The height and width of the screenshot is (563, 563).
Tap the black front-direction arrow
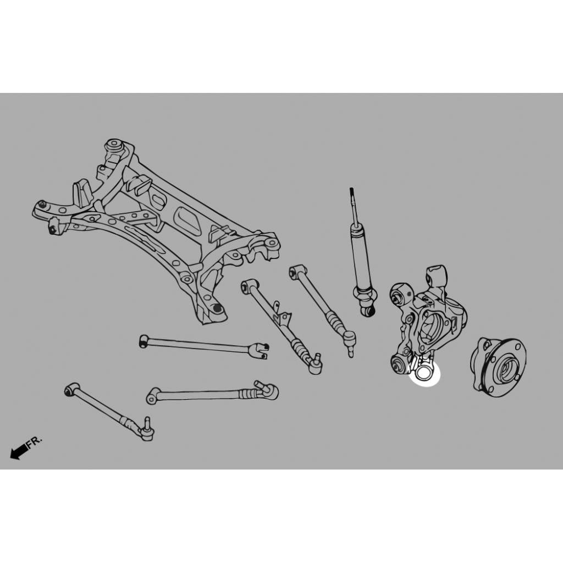(x=19, y=451)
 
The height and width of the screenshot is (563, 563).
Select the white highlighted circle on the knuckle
(x=425, y=374)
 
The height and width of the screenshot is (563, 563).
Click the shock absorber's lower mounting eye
(x=368, y=311)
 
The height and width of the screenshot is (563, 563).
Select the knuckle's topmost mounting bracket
(x=437, y=276)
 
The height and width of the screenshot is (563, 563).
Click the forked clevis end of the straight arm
(x=261, y=350)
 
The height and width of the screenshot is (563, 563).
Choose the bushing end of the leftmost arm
(x=72, y=389)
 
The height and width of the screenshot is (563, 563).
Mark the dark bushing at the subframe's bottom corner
(x=217, y=308)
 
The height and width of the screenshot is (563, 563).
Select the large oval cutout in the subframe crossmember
(x=187, y=221)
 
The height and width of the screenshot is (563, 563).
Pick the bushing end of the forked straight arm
(x=144, y=341)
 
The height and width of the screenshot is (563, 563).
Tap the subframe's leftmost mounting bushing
(x=42, y=205)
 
